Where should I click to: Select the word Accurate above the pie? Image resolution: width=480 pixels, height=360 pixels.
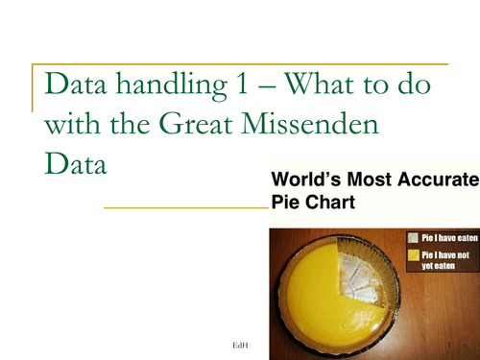coord(440,180)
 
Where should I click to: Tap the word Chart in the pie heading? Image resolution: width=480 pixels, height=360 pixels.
coord(329,203)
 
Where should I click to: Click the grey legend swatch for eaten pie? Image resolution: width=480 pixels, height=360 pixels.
coord(412,236)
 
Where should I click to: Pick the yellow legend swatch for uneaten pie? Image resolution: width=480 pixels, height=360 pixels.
coord(412,253)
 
